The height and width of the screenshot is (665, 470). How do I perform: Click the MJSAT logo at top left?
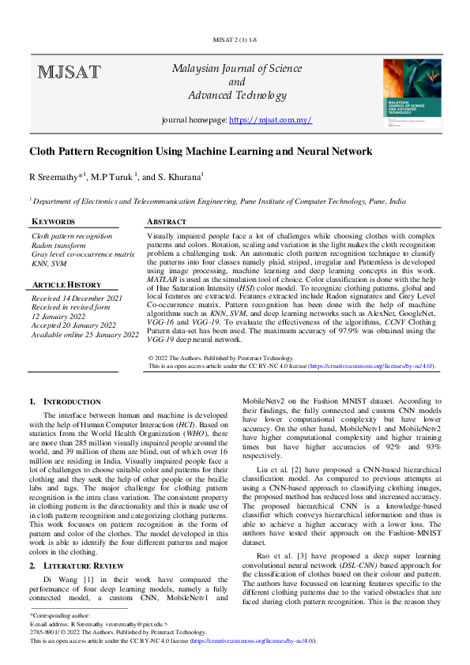(x=69, y=73)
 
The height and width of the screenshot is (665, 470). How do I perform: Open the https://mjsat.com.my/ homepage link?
(x=270, y=120)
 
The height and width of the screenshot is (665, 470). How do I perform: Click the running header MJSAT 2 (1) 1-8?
(x=235, y=38)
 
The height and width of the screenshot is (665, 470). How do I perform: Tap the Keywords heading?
(x=54, y=222)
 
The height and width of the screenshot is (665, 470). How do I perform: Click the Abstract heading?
(x=167, y=222)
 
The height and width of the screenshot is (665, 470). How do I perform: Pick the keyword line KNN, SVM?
(x=49, y=264)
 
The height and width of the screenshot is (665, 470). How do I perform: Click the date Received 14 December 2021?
(x=77, y=299)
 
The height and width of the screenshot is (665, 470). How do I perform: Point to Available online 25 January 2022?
(x=85, y=335)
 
